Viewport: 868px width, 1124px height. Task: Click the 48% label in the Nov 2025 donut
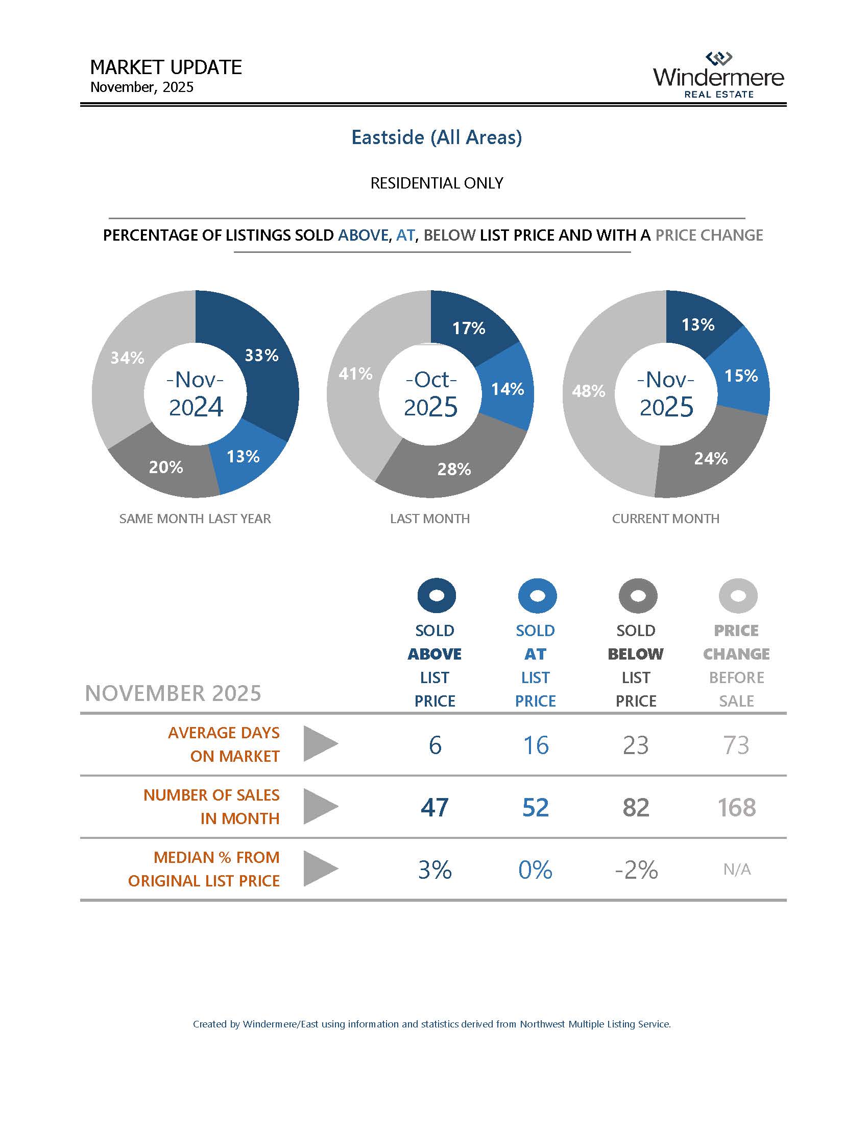tap(588, 391)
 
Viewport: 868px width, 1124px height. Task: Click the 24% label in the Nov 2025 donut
tap(711, 458)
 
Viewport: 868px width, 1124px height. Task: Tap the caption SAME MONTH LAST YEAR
tap(195, 518)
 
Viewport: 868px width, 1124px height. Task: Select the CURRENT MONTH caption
tap(665, 518)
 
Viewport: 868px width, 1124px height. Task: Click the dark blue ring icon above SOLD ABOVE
tap(436, 595)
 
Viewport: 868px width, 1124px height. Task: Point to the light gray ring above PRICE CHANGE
tap(737, 595)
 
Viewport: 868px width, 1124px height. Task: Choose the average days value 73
tap(736, 745)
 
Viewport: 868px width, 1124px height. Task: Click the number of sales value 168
tap(736, 807)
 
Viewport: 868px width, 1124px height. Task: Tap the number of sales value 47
tap(435, 807)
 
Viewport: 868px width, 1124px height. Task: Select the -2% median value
tap(636, 870)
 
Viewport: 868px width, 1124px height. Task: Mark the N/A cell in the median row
tap(736, 870)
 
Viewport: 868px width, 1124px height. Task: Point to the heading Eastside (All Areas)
tap(437, 137)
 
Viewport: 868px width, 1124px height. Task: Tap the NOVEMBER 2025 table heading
tap(173, 693)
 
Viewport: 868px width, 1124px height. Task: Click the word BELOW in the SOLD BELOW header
tap(636, 653)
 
